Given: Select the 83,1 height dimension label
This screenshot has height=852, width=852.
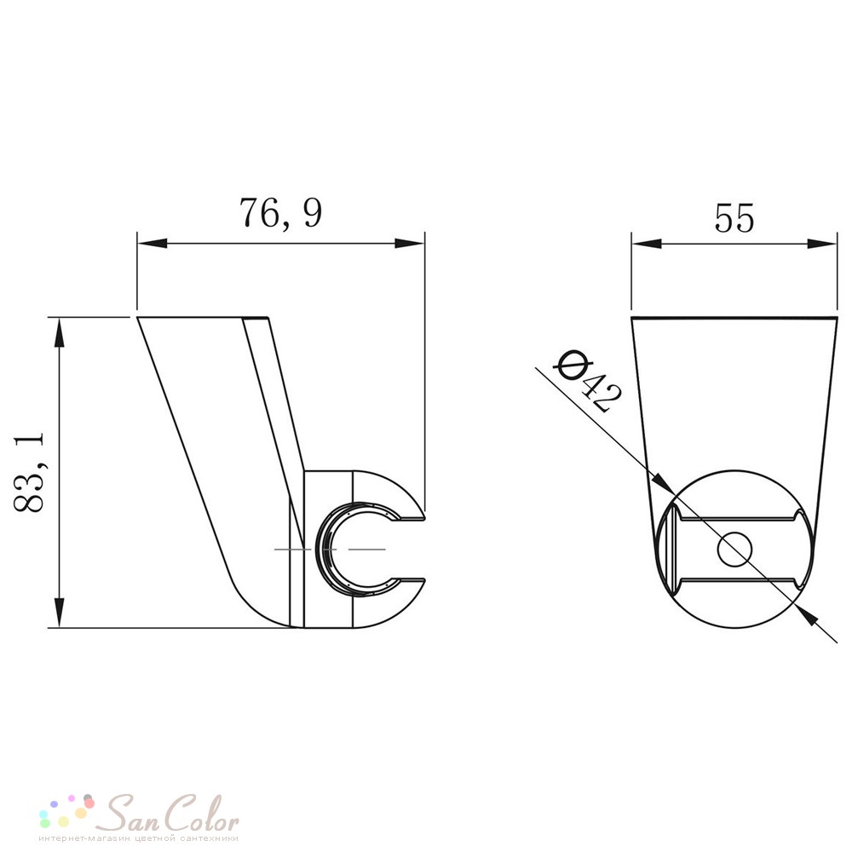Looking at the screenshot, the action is [x=28, y=472].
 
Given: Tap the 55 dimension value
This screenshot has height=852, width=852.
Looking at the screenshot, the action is [x=734, y=218].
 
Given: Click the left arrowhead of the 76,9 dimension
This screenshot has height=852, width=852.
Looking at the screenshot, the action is [x=152, y=244].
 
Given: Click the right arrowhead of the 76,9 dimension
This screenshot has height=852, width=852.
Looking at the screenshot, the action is [x=410, y=244].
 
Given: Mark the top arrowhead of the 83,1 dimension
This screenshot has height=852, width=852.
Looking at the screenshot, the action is [x=60, y=332].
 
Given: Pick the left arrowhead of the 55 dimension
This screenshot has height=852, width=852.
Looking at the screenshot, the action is [x=647, y=244].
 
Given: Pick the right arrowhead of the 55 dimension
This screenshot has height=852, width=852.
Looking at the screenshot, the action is [x=822, y=244].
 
